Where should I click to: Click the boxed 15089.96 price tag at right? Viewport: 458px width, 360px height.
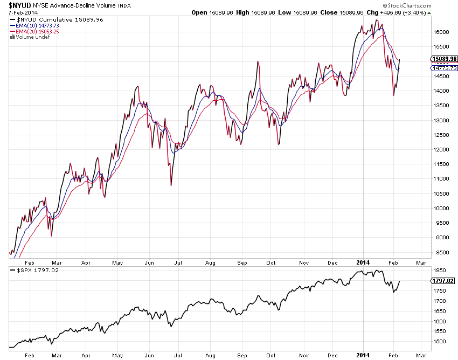click(x=445, y=59)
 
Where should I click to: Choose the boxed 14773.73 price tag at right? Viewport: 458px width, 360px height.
click(x=445, y=68)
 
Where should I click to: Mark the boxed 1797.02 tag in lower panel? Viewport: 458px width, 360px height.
click(x=445, y=281)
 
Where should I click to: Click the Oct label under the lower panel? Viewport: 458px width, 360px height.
click(x=271, y=356)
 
